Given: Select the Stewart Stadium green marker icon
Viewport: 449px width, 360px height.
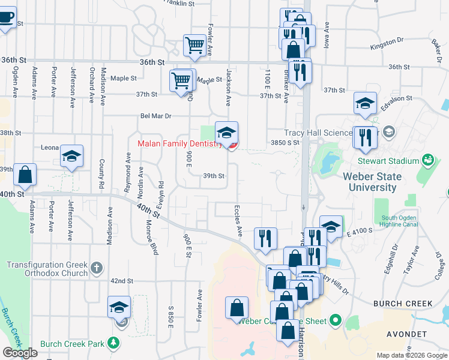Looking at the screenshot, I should [427, 160].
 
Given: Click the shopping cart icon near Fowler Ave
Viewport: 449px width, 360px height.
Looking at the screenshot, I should [194, 45].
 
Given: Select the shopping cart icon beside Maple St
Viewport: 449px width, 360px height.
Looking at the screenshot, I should [181, 80].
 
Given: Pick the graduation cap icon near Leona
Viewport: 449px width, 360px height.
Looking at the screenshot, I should [71, 158].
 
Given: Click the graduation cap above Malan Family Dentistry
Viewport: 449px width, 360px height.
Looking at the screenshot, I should [226, 133].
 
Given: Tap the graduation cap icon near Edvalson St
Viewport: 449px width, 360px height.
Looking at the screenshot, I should [364, 104].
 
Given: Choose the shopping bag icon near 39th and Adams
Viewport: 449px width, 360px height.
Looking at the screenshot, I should [25, 175].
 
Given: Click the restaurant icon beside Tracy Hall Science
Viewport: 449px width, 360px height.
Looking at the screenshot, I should [364, 137].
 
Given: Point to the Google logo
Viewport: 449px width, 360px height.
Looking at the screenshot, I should [20, 353].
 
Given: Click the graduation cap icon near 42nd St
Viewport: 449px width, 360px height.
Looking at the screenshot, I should [119, 308].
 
